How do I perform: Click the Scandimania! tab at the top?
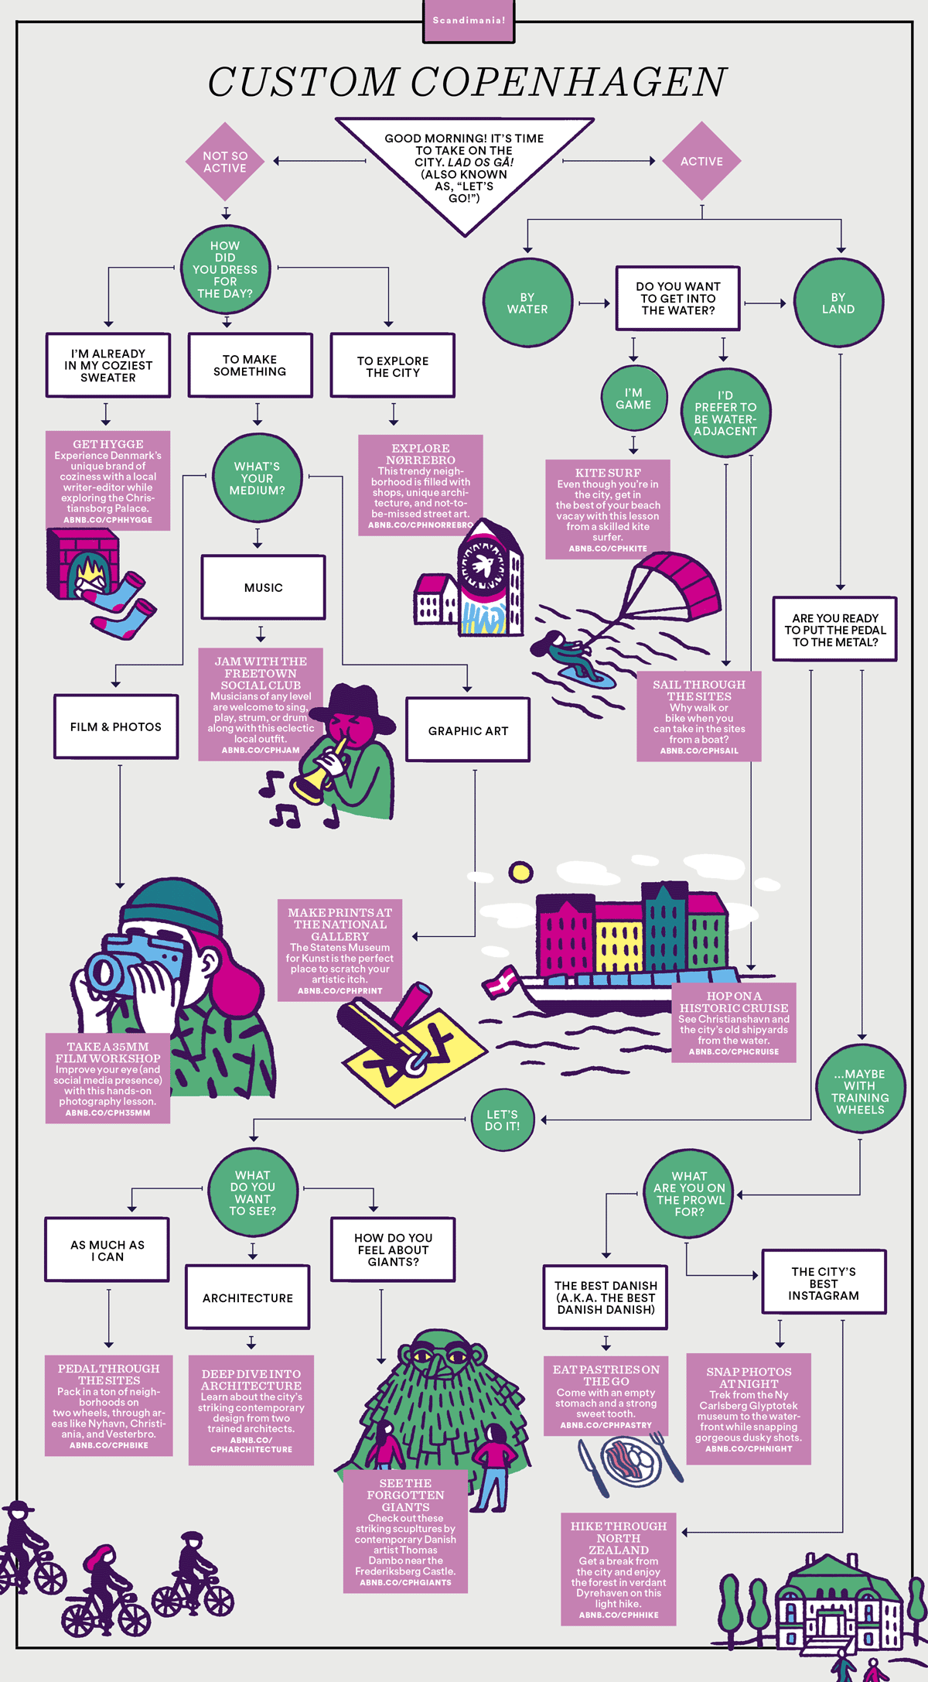(x=469, y=20)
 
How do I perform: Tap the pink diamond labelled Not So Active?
(x=225, y=162)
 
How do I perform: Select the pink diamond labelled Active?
(x=701, y=162)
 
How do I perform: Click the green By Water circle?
(x=527, y=303)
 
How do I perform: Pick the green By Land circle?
(x=838, y=303)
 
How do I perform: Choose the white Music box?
(x=263, y=587)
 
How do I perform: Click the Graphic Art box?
(x=468, y=730)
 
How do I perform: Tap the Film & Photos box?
(x=116, y=726)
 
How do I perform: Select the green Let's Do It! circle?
(x=503, y=1120)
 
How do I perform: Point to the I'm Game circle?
(x=633, y=398)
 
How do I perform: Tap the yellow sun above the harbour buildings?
(x=520, y=873)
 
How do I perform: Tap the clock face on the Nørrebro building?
(x=484, y=565)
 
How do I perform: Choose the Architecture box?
(x=247, y=1297)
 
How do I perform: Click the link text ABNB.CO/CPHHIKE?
(x=619, y=1615)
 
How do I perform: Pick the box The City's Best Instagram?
(x=824, y=1283)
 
